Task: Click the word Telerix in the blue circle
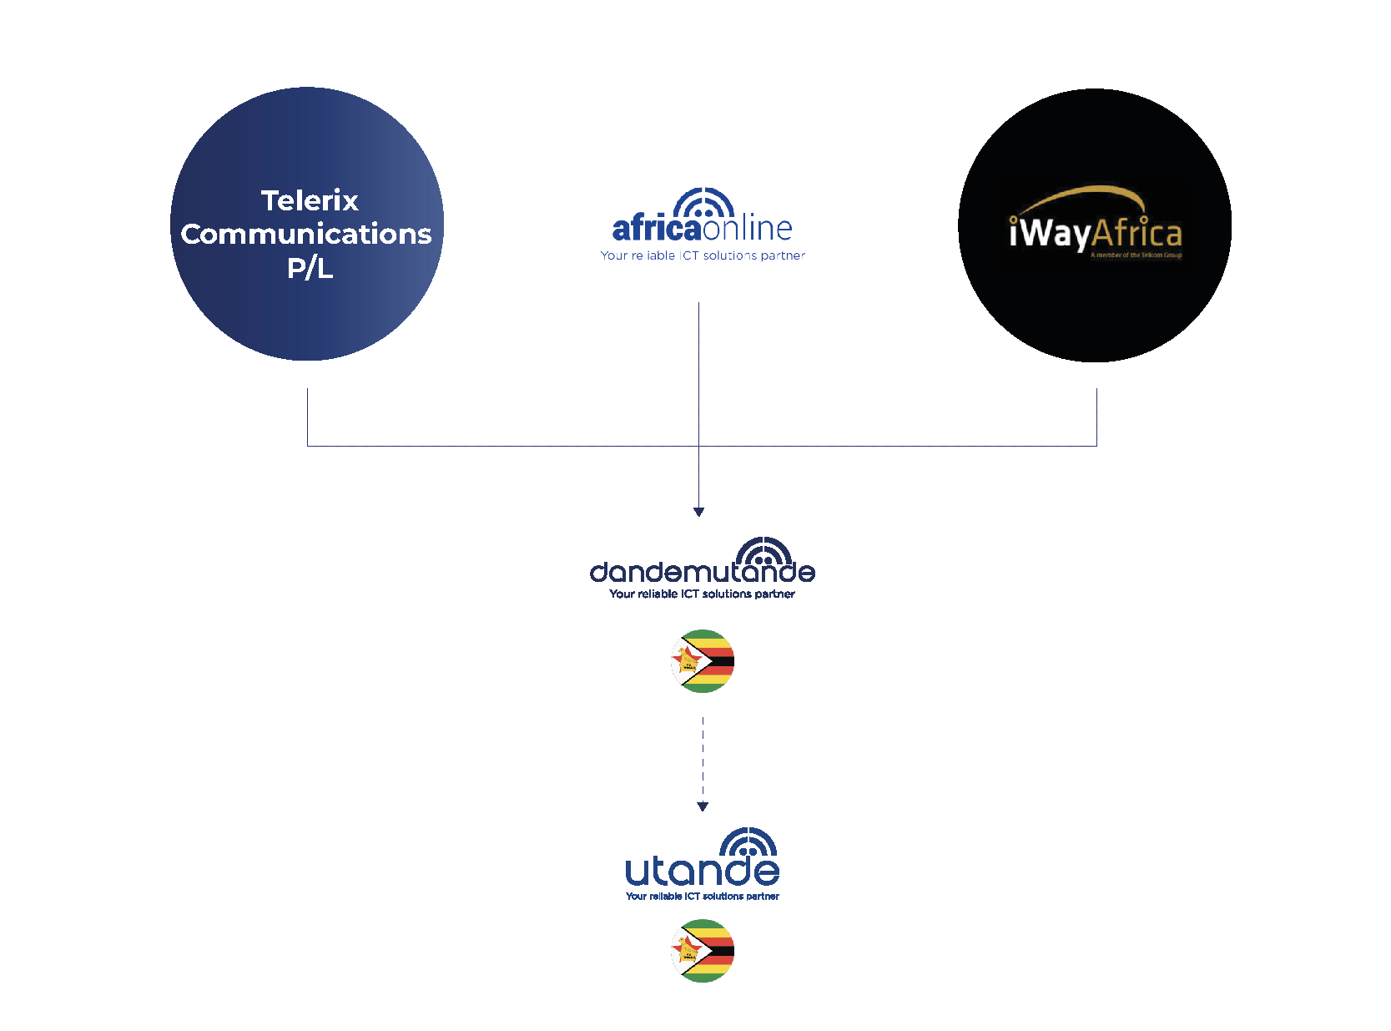pos(310,200)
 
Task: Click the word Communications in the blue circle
pos(306,234)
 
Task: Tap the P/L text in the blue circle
pos(310,268)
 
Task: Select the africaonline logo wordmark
pos(702,228)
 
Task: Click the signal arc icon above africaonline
pos(704,204)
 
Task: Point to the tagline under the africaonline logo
pos(703,255)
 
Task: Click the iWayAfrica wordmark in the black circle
pos(1095,233)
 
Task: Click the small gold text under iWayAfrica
pos(1136,255)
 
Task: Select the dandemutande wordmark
pos(702,572)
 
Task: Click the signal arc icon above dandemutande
pos(764,551)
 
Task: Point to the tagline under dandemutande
pos(702,594)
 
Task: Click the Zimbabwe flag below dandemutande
pos(703,661)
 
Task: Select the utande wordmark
pos(702,871)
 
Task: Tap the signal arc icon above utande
pos(748,841)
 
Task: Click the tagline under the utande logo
pos(702,896)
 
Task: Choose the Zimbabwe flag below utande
pos(703,951)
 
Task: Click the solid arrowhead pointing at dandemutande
pos(699,512)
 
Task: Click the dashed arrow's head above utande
pos(703,806)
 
